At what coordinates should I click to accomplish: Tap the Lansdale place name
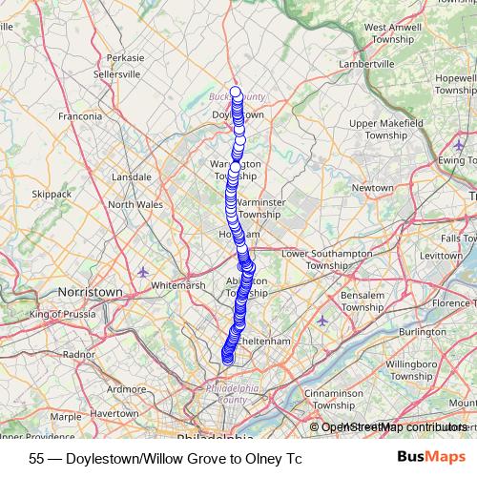point(132,176)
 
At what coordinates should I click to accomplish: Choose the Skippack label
point(52,194)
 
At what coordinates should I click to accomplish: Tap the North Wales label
point(135,204)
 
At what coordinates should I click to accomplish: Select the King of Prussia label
point(66,314)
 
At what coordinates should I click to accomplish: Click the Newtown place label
point(372,188)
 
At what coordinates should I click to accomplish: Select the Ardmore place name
point(127,389)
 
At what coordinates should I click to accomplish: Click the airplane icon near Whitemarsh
point(143,271)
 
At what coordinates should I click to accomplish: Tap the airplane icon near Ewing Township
point(460,145)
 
